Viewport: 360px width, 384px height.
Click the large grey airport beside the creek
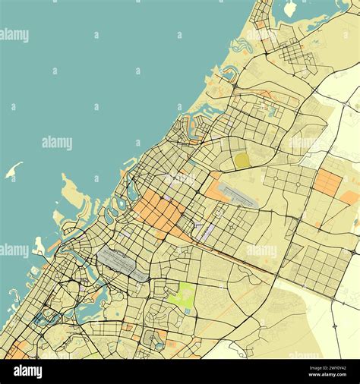click(x=122, y=264)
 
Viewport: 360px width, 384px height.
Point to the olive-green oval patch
click(x=242, y=160)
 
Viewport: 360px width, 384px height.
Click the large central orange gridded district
click(x=160, y=212)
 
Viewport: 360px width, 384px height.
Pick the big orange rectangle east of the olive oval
click(x=328, y=182)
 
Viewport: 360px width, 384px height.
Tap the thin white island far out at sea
click(x=14, y=170)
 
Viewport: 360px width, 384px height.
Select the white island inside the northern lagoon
click(x=289, y=9)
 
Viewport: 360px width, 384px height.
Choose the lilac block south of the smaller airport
click(x=201, y=228)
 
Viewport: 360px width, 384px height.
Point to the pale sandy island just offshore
click(x=74, y=193)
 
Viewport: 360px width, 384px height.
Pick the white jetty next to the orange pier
click(x=39, y=246)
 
